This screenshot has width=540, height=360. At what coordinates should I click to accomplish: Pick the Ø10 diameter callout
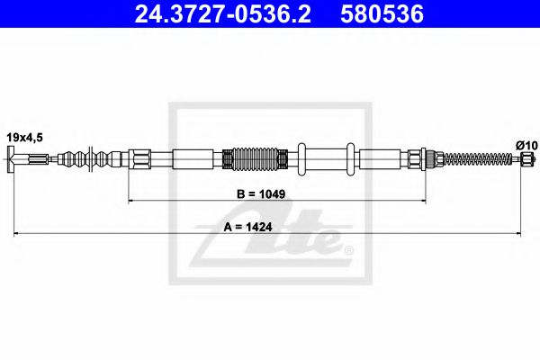point(527,144)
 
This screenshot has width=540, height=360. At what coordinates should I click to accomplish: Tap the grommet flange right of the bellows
point(303,160)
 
